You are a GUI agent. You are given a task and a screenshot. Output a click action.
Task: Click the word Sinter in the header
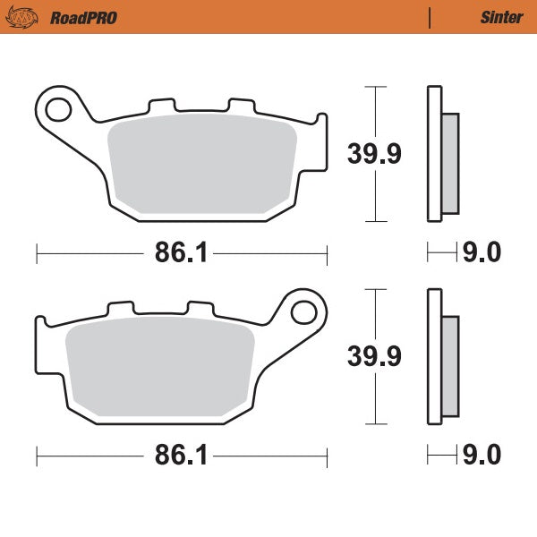(502, 17)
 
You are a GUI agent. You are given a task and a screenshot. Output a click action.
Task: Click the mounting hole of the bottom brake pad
(303, 312)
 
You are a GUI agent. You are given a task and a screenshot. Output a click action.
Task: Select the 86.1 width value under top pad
(182, 253)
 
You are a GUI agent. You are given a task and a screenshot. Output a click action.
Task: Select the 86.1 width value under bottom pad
(182, 456)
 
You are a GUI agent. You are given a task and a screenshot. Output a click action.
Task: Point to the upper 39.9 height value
(374, 153)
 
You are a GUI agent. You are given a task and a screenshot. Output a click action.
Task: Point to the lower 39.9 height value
(374, 355)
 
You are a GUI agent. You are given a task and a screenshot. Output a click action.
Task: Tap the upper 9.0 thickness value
(481, 253)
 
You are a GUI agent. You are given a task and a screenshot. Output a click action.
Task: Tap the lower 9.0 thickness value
(481, 456)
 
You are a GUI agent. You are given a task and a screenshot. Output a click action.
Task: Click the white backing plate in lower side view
(435, 358)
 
